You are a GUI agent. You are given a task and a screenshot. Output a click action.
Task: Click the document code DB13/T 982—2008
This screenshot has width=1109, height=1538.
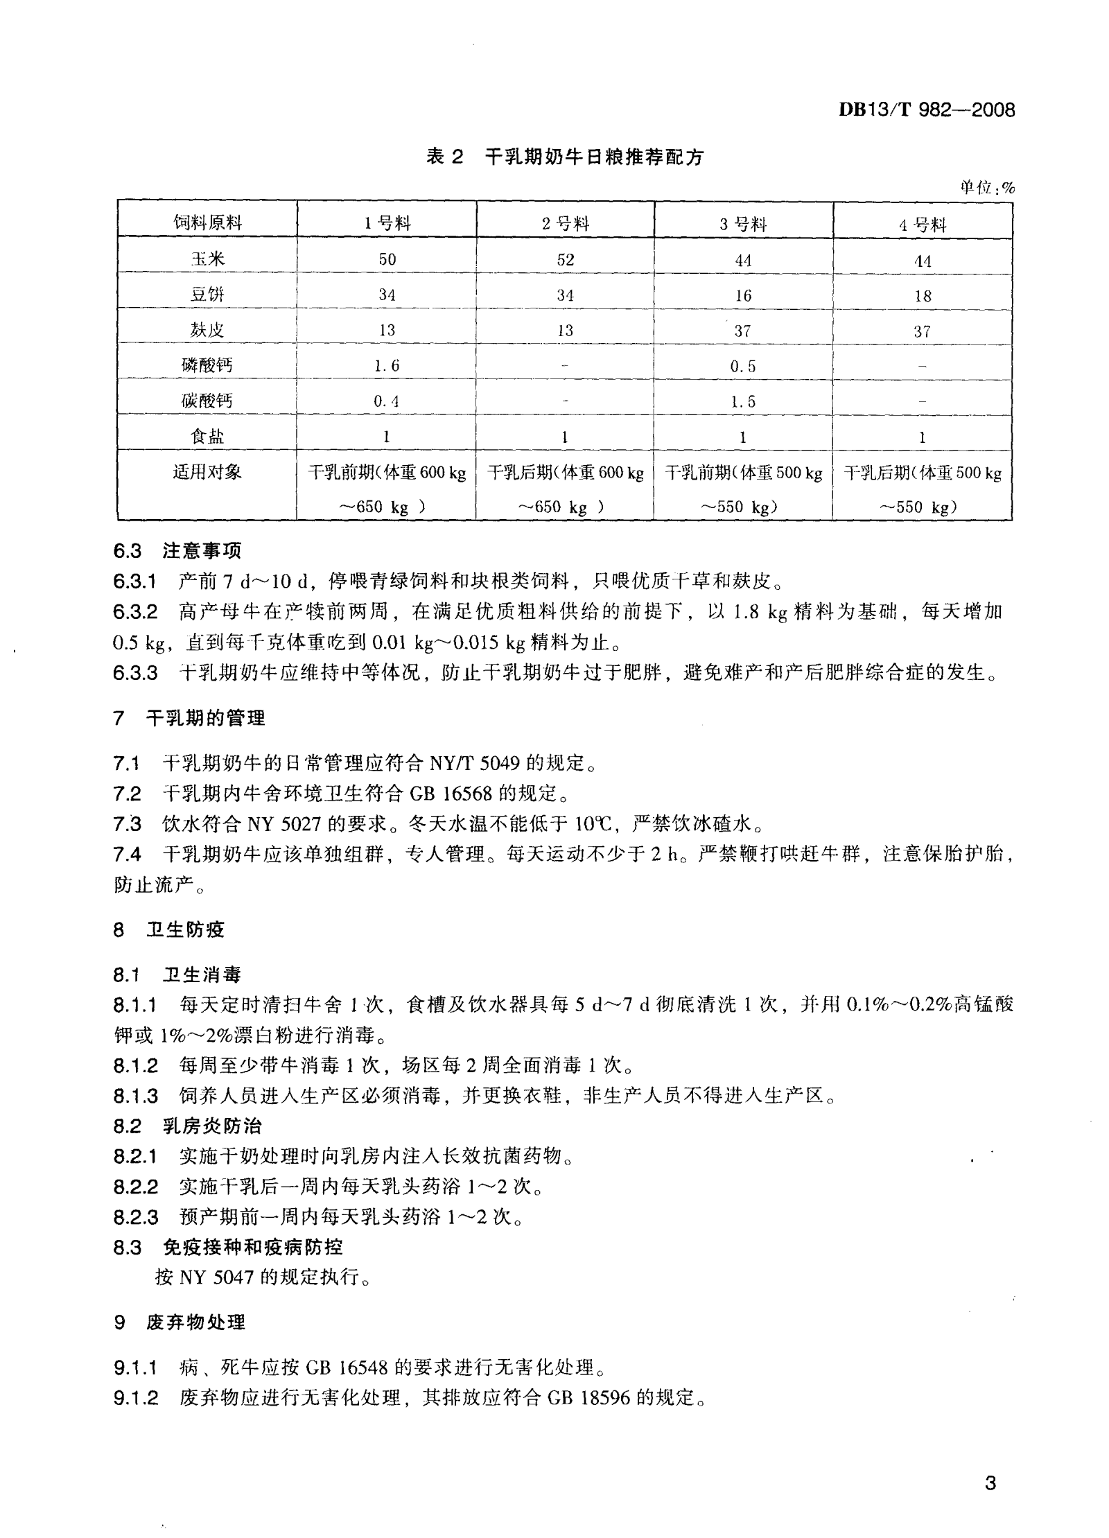pyautogui.click(x=927, y=110)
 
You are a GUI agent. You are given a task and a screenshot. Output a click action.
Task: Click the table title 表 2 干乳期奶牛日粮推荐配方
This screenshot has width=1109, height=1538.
pyautogui.click(x=564, y=157)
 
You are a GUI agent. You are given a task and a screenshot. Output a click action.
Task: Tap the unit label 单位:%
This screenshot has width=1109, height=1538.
pyautogui.click(x=986, y=187)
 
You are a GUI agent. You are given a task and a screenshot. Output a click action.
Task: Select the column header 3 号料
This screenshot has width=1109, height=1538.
pyautogui.click(x=743, y=224)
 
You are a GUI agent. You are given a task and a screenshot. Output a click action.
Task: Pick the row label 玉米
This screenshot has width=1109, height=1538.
pyautogui.click(x=207, y=259)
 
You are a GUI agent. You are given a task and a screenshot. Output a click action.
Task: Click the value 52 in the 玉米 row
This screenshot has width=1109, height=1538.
pyautogui.click(x=565, y=260)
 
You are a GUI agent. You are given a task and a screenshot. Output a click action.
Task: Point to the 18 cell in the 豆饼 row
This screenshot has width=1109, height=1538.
pyautogui.click(x=922, y=296)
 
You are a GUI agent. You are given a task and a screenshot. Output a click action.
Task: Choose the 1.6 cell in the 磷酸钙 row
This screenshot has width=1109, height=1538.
pyautogui.click(x=386, y=366)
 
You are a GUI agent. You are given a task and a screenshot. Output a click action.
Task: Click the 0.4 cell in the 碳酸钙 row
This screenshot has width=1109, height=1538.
pyautogui.click(x=386, y=401)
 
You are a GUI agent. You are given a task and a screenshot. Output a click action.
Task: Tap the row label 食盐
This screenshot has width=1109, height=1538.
pyautogui.click(x=207, y=437)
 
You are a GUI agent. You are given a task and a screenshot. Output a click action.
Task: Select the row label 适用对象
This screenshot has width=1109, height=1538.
pyautogui.click(x=207, y=473)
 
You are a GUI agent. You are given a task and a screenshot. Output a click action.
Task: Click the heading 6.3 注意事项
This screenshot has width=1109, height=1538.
pyautogui.click(x=177, y=551)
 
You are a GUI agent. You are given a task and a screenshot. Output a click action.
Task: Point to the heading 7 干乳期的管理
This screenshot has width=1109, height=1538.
pyautogui.click(x=189, y=718)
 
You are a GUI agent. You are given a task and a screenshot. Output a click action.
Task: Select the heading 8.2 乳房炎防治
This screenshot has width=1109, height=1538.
pyautogui.click(x=188, y=1126)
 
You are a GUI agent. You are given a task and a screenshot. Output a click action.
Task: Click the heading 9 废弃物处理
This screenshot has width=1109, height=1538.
pyautogui.click(x=180, y=1322)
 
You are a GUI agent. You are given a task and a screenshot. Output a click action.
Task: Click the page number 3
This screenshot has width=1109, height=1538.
pyautogui.click(x=990, y=1483)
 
